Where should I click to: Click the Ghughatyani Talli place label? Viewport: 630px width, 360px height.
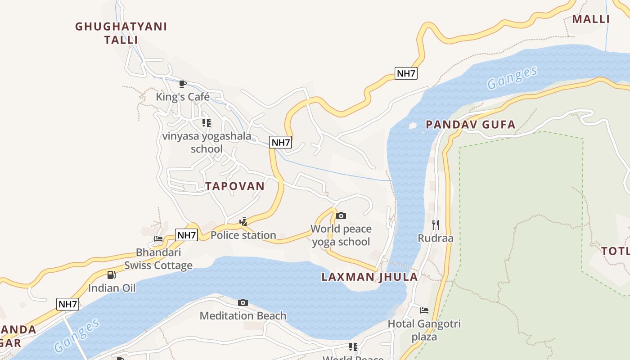tap(121, 33)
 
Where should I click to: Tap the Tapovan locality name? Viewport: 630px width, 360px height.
tap(235, 186)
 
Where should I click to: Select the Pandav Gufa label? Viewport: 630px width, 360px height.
tap(470, 125)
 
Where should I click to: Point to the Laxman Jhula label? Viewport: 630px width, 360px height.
tap(369, 277)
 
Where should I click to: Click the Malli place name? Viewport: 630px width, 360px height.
tap(591, 19)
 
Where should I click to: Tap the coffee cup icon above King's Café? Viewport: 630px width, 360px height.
tap(183, 84)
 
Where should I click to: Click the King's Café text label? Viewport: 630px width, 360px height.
tap(183, 97)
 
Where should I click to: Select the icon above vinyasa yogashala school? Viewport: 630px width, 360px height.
tap(207, 122)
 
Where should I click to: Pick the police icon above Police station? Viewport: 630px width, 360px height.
tap(243, 221)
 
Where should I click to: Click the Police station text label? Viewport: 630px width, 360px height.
tap(243, 235)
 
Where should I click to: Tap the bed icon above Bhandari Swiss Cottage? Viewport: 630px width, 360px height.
tap(158, 238)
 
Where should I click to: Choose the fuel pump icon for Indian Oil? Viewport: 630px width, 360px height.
tap(112, 274)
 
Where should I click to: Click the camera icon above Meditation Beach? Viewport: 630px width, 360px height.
tap(243, 302)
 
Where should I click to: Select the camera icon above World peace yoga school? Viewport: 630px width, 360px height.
tap(341, 216)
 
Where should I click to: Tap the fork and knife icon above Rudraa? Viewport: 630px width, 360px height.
tap(435, 225)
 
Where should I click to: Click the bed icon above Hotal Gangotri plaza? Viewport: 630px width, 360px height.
tap(424, 310)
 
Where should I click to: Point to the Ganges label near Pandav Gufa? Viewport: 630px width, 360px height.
tap(512, 77)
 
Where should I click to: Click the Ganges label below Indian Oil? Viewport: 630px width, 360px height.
tap(77, 335)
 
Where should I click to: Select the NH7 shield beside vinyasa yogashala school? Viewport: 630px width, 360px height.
tap(281, 143)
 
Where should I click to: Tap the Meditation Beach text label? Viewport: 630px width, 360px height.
tap(243, 315)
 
